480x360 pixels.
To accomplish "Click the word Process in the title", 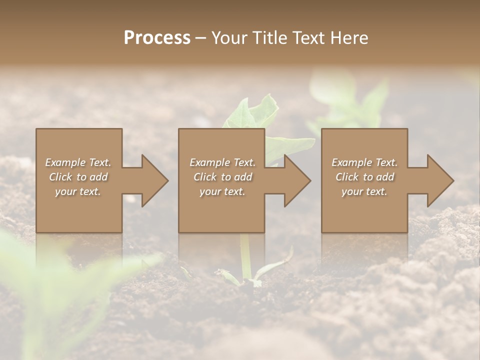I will pos(157,38).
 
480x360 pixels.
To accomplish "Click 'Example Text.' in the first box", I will pos(78,162).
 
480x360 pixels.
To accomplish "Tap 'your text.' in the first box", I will pos(78,191).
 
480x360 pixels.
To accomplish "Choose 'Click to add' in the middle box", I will pos(222,177).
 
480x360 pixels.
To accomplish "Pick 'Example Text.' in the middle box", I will pos(222,162).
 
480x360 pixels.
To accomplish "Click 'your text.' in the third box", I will pos(364,191).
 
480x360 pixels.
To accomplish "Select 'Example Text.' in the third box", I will pos(364,162).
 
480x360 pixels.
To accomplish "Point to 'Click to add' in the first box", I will pos(78,177).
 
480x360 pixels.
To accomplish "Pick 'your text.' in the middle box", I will pos(222,191).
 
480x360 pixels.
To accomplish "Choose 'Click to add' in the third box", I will pos(364,177).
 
